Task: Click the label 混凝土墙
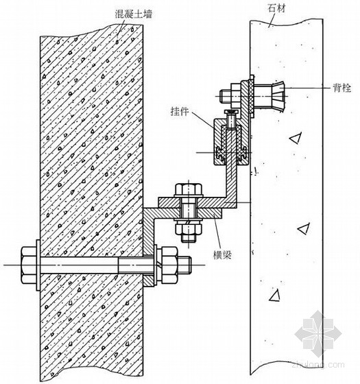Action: point(134,13)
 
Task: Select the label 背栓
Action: point(342,88)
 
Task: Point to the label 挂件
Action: point(180,111)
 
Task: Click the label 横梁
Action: point(222,255)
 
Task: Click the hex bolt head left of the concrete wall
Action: point(28,265)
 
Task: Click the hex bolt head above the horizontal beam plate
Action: point(189,189)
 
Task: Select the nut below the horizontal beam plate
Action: point(189,227)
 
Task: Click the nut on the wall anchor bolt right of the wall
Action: point(169,265)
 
